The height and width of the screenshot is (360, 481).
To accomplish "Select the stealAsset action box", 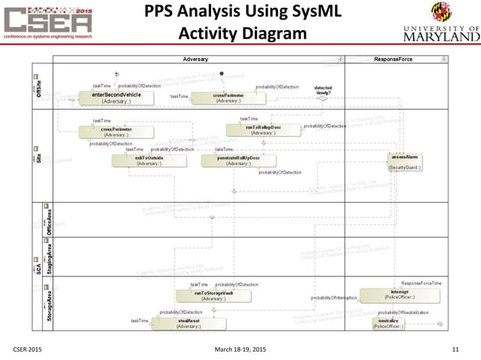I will tap(188, 324).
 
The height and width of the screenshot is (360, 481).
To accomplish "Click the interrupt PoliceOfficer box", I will tap(389, 294).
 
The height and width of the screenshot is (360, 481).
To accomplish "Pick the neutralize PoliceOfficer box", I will tap(389, 324).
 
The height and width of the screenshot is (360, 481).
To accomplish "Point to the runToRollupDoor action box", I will tap(263, 130).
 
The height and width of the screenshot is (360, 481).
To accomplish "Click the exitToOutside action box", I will tap(149, 160).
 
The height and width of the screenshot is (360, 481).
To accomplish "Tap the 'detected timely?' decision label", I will tap(322, 90).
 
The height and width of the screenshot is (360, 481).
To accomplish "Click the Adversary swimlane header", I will tap(196, 59).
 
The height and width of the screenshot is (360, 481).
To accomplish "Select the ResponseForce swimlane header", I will tap(393, 59).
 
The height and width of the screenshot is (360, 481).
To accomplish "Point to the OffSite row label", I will tap(39, 90).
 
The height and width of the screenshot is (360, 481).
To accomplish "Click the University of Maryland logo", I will tap(436, 23).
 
